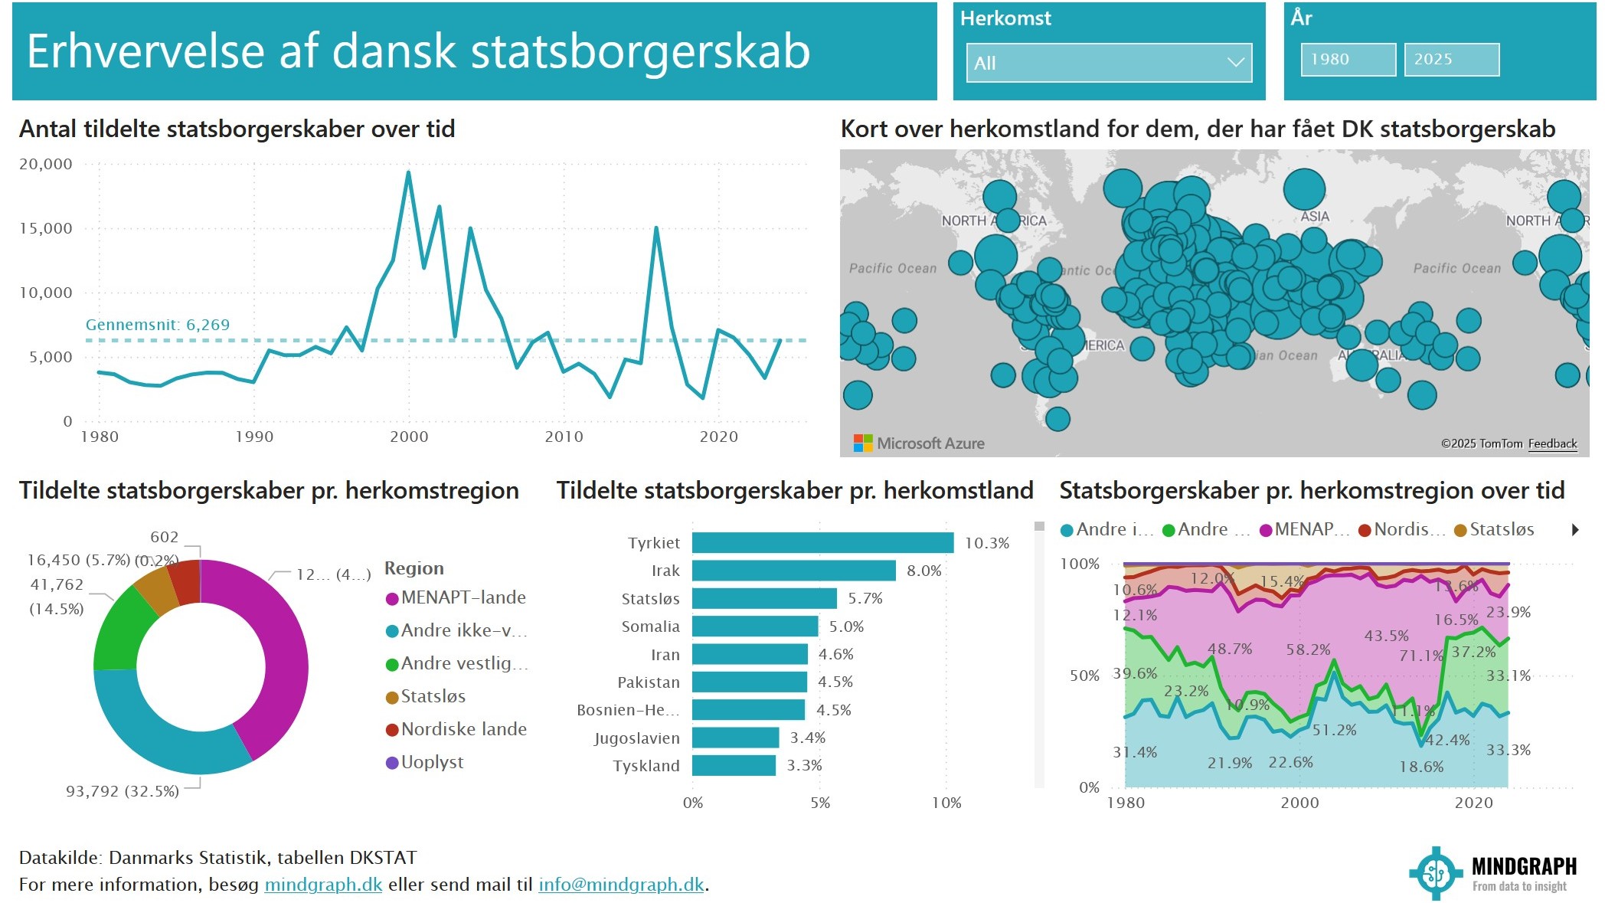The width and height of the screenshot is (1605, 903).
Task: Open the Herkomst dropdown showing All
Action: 1108,63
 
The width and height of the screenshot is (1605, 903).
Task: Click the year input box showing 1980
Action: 1347,60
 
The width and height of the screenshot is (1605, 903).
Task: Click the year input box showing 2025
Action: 1450,60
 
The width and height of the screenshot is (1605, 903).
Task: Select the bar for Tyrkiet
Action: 822,543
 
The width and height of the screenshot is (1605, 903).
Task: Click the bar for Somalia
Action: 754,627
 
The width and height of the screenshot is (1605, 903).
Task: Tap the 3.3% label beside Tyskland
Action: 804,765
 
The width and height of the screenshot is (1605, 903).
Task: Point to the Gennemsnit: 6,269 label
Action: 157,325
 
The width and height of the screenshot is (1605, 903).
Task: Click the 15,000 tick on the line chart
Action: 46,228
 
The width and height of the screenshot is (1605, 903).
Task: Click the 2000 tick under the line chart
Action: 409,437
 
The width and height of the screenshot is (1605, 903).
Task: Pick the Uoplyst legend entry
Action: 432,762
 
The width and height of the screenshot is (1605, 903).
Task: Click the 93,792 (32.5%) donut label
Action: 123,791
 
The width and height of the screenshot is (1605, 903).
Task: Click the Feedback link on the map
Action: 1552,443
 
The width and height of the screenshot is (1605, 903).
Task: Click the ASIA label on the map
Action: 1314,217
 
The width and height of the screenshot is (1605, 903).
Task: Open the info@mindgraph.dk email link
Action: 620,885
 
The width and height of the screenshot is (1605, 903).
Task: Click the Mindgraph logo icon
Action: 1436,873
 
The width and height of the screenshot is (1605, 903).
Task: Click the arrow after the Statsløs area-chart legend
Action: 1575,529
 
